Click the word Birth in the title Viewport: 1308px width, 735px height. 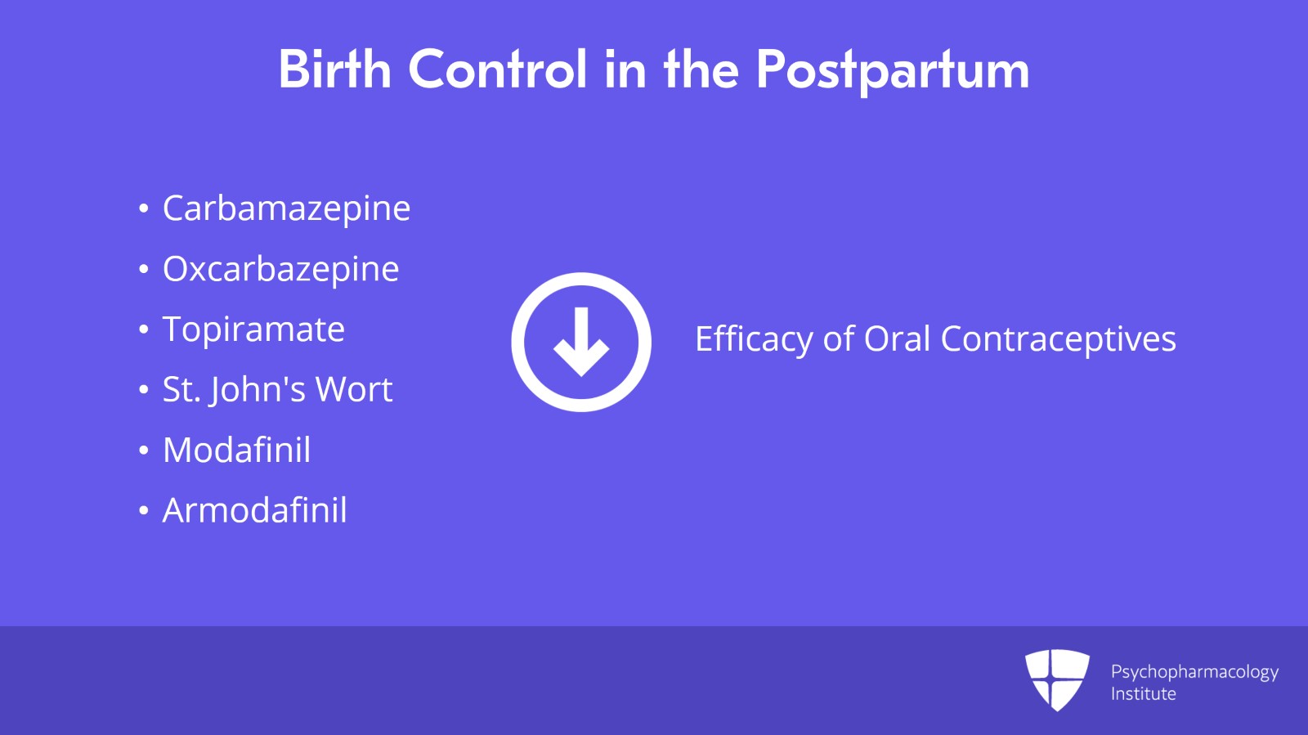334,69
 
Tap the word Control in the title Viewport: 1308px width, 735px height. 497,69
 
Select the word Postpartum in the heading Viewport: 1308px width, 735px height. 892,71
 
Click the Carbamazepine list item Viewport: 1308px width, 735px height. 286,208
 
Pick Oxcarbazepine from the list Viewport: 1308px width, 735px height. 280,269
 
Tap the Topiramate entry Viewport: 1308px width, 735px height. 253,329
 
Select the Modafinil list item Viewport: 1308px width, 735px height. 236,450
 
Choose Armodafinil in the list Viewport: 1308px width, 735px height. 254,511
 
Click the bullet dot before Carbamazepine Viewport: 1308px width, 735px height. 144,209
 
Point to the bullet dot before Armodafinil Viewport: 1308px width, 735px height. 144,512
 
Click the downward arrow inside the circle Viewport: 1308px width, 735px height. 581,342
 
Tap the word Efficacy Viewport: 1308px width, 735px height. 753,339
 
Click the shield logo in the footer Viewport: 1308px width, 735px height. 1057,679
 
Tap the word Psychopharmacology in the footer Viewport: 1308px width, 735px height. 1194,672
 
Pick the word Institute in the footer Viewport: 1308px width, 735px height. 1143,694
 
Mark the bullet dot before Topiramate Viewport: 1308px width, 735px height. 144,330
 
